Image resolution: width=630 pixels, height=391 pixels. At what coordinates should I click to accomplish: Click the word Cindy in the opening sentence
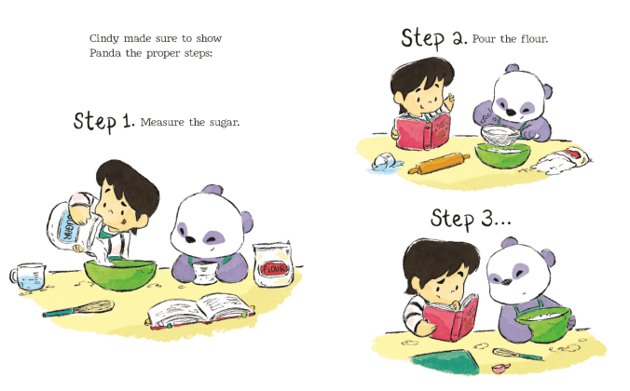point(104,39)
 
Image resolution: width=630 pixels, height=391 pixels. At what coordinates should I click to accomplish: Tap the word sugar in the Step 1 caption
point(225,123)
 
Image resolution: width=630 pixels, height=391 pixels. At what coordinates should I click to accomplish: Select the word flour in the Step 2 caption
point(534,39)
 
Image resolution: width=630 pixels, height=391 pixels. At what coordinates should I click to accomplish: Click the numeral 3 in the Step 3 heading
point(487,219)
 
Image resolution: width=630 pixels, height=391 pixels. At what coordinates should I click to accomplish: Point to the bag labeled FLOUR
point(273,265)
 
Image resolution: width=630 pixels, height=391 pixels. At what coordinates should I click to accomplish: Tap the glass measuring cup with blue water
point(28,276)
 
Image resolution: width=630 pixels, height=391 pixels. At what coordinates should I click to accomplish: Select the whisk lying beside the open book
point(78,308)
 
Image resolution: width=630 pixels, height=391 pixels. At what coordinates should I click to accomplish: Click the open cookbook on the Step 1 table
point(201,311)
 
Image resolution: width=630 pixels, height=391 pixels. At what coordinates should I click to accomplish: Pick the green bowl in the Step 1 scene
point(119,275)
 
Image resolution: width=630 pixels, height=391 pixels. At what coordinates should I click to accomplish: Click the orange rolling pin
point(439,164)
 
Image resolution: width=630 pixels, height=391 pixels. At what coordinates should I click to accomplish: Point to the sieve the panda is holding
point(501,136)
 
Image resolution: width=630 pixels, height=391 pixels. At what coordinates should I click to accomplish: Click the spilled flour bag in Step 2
point(561,160)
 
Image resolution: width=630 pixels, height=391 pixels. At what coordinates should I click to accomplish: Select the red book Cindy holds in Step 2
point(422,131)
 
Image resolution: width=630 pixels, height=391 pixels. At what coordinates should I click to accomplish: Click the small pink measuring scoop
point(501,368)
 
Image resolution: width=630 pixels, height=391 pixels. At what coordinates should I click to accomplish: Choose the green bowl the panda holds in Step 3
point(543,324)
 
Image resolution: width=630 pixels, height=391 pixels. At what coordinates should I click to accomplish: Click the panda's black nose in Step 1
point(190,239)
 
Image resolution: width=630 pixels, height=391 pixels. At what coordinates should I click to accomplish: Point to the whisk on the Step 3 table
point(517,354)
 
